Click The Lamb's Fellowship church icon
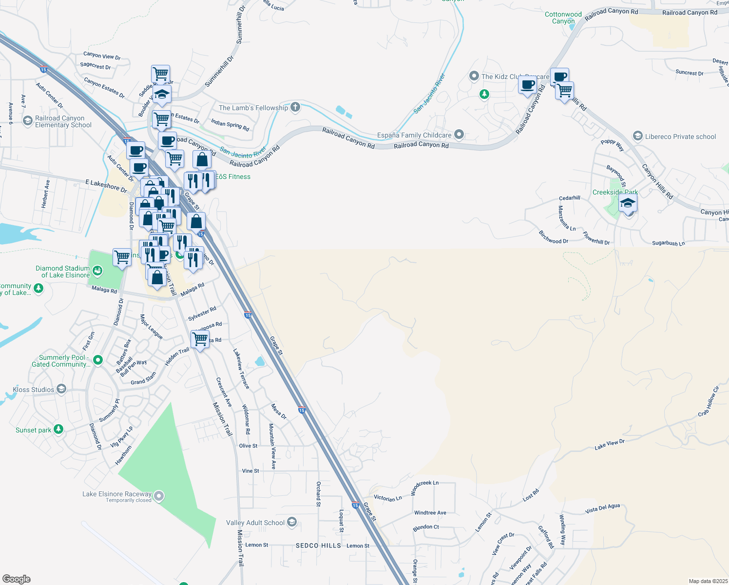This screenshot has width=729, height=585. click(x=295, y=107)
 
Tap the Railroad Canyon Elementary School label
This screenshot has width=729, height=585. click(x=63, y=122)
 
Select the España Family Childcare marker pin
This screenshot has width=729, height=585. click(x=459, y=135)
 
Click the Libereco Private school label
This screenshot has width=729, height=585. click(x=680, y=136)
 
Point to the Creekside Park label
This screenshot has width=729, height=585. click(x=615, y=192)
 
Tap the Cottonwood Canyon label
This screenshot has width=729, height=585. click(x=563, y=18)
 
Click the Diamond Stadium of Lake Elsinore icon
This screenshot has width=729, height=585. click(x=97, y=271)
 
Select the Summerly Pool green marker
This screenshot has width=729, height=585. click(x=98, y=360)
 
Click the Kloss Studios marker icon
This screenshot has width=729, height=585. click(x=61, y=389)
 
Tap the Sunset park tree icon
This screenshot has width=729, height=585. click(x=58, y=429)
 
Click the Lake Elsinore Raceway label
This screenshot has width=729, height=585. click(x=116, y=494)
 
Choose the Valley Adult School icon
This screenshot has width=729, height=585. click(x=292, y=523)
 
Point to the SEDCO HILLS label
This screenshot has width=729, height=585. click(x=318, y=546)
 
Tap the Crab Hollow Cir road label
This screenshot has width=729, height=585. click(x=709, y=401)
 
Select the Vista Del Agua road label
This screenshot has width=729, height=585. click(x=602, y=508)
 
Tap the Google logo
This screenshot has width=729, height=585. click(x=17, y=579)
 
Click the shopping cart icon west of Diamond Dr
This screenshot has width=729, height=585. click(x=122, y=256)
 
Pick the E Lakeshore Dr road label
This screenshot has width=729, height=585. click(x=106, y=185)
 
